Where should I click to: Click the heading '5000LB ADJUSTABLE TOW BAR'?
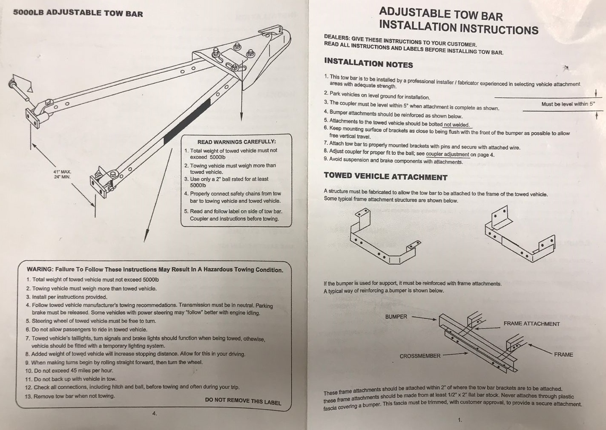pyautogui.click(x=78, y=13)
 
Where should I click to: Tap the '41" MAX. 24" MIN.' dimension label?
pyautogui.click(x=62, y=174)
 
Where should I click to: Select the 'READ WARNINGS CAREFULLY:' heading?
pyautogui.click(x=236, y=142)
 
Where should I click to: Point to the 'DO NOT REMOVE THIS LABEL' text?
pyautogui.click(x=243, y=401)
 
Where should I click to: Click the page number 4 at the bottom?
pyautogui.click(x=155, y=413)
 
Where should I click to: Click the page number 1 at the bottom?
pyautogui.click(x=460, y=420)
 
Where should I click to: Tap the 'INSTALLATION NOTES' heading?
pyautogui.click(x=368, y=63)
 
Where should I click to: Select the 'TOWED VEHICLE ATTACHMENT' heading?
pyautogui.click(x=385, y=176)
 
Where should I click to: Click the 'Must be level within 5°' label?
pyautogui.click(x=568, y=104)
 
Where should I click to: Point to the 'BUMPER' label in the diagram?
pyautogui.click(x=396, y=317)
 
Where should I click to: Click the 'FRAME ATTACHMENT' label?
pyautogui.click(x=531, y=324)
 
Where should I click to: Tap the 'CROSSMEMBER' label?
pyautogui.click(x=420, y=356)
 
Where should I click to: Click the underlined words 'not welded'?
pyautogui.click(x=457, y=125)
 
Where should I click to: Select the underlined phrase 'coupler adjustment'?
pyautogui.click(x=448, y=154)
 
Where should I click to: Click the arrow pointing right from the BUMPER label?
pyautogui.click(x=424, y=318)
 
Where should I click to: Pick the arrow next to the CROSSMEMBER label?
pyautogui.click(x=455, y=354)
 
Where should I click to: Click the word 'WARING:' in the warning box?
pyautogui.click(x=40, y=269)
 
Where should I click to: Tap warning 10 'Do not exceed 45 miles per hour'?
pyautogui.click(x=69, y=370)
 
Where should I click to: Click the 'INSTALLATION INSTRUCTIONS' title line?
pyautogui.click(x=459, y=28)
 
